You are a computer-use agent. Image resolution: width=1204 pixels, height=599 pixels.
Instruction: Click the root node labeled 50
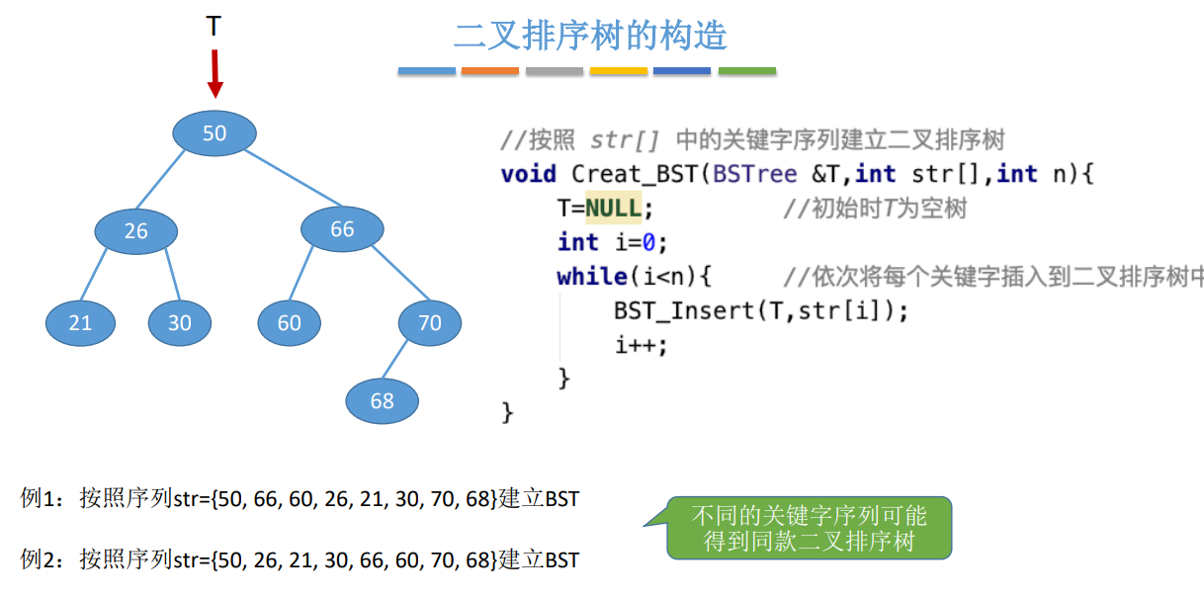click(215, 133)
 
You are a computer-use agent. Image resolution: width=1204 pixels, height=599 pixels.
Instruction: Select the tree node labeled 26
click(136, 231)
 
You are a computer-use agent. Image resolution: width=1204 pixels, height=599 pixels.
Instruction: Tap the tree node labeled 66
click(342, 229)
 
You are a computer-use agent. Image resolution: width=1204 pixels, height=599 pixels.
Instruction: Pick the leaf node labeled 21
click(80, 323)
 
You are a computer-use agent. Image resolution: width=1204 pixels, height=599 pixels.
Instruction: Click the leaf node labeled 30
click(180, 323)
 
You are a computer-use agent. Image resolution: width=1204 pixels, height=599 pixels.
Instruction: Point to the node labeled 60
click(289, 323)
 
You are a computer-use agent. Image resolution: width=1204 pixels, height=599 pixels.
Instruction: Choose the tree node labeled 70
click(430, 322)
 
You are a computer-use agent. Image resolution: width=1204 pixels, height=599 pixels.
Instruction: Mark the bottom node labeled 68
click(383, 400)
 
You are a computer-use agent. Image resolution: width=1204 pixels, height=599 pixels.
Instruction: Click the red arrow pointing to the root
click(215, 75)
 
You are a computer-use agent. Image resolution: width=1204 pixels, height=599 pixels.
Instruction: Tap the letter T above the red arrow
click(214, 27)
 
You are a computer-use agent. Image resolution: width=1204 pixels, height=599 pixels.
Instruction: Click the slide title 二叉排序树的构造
click(590, 36)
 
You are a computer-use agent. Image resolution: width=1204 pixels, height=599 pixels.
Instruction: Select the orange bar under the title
click(490, 71)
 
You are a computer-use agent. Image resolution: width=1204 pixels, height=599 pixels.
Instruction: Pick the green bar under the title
click(747, 71)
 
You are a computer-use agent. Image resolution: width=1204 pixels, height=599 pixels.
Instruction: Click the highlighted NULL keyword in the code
click(613, 209)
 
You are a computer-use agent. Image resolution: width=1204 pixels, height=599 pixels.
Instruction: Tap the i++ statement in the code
click(641, 344)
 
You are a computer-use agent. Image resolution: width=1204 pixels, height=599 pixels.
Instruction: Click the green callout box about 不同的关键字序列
click(809, 529)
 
